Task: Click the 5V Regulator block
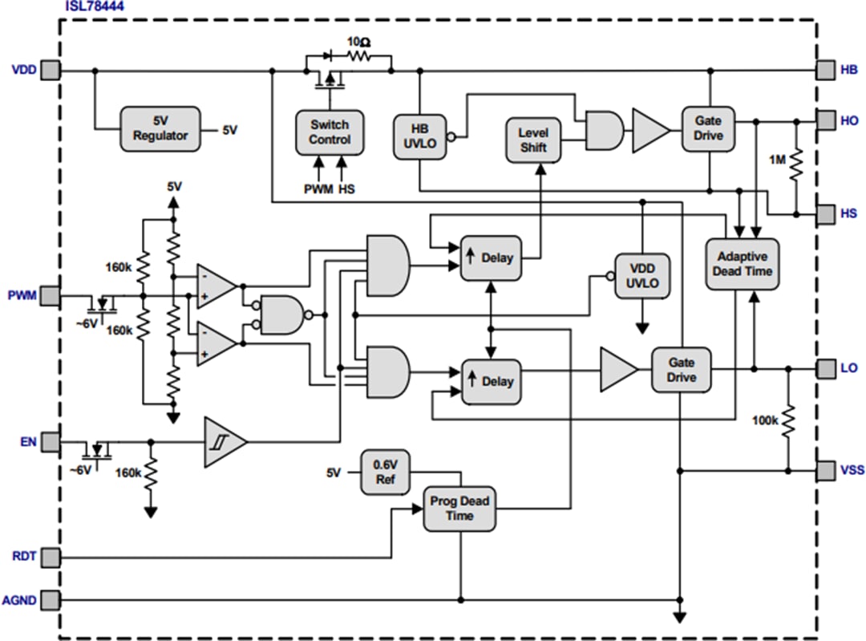160,128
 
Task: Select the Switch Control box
330,132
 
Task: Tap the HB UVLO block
419,136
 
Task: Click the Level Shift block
532,140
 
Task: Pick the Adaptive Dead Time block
741,264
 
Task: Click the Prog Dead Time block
459,509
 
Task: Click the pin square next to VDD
51,70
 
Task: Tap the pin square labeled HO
826,120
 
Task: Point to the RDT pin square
51,556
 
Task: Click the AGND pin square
51,599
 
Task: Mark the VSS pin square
826,469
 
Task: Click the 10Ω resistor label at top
358,42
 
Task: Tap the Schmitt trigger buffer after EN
225,442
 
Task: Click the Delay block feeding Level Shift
490,258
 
